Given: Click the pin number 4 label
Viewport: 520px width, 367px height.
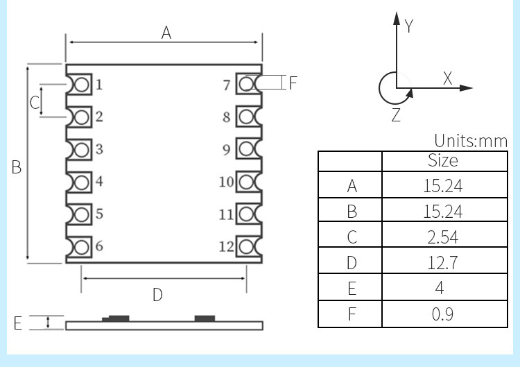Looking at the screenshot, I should (99, 181).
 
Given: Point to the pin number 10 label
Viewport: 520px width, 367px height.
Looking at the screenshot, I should (226, 182).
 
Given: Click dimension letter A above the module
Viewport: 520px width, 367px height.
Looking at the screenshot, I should (166, 32).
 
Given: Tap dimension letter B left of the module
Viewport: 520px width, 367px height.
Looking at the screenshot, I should (17, 167).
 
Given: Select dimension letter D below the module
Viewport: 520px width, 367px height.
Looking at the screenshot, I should (157, 295).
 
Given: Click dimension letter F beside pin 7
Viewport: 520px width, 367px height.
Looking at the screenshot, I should (293, 83).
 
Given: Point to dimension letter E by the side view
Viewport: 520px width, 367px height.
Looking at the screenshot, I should (18, 323).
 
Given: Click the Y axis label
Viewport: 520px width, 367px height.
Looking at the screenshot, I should (409, 26).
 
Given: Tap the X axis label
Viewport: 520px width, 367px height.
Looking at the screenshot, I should (447, 78).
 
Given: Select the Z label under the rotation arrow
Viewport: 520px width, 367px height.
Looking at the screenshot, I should (396, 116).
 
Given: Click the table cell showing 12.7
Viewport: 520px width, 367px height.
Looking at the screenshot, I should (442, 262).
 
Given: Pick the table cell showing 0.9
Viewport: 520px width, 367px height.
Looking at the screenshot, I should (442, 314).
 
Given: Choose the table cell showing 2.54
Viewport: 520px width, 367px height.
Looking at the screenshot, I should (442, 237).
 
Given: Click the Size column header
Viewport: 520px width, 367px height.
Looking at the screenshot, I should (442, 160).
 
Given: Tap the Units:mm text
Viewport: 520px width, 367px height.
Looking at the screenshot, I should (471, 142).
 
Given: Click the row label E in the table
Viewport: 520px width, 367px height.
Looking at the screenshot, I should (352, 288).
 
